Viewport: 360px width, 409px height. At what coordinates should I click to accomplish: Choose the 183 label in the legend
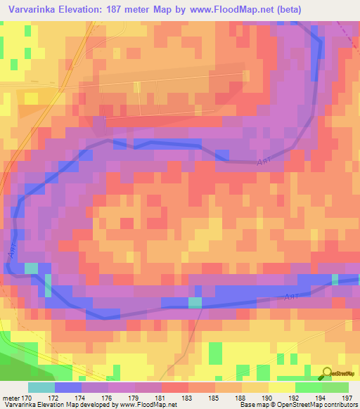188,397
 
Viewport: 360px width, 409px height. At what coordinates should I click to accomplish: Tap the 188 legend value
243,397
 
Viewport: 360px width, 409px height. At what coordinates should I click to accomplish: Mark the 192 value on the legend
296,397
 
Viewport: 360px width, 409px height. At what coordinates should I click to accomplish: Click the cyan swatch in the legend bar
41,387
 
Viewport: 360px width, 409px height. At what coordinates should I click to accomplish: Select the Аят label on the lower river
293,298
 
